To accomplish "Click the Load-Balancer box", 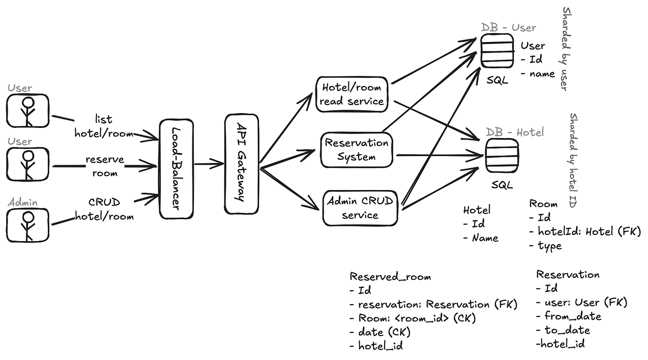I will click(x=176, y=169).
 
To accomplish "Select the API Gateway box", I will click(x=241, y=163).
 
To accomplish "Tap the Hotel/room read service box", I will click(x=352, y=95).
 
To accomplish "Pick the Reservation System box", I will click(x=356, y=149).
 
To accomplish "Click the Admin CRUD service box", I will click(x=360, y=208).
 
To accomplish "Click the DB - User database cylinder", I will click(x=497, y=53).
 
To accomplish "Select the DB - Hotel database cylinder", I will click(x=502, y=156).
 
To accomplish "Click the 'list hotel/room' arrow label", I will click(x=104, y=126).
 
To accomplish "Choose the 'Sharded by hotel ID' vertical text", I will click(x=573, y=159).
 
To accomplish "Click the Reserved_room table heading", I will click(x=390, y=276).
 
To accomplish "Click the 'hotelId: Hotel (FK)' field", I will click(x=589, y=232).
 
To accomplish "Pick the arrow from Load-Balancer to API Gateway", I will click(x=209, y=164).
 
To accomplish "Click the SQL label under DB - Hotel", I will click(x=502, y=185).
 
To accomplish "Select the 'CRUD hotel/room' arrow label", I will click(x=104, y=209).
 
